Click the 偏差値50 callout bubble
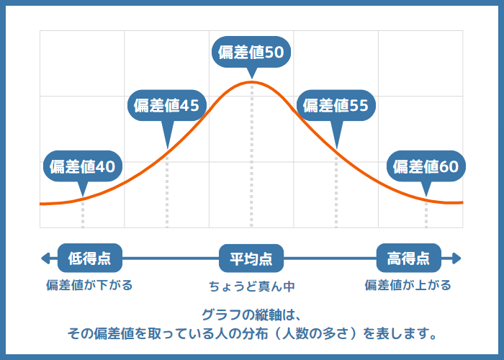click(252, 52)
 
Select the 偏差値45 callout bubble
click(166, 105)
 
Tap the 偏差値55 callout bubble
click(336, 105)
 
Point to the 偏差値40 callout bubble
click(82, 166)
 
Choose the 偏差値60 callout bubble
click(426, 166)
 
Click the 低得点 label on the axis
click(89, 258)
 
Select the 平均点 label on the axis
click(251, 258)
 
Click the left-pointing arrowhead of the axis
click(45, 258)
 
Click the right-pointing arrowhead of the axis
click(456, 258)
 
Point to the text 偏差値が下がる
click(89, 285)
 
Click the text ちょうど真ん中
click(252, 286)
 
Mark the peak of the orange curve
click(251, 83)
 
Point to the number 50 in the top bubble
click(273, 52)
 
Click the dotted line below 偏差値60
click(426, 214)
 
